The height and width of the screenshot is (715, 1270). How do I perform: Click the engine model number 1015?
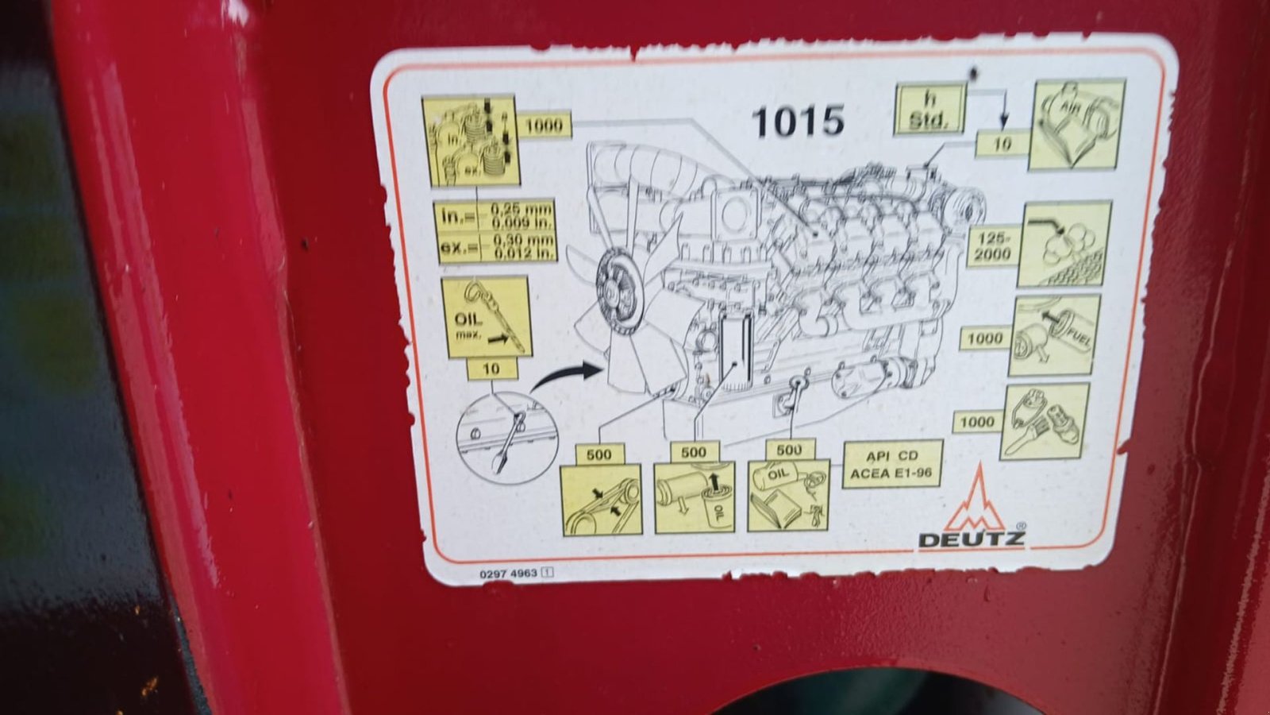click(797, 122)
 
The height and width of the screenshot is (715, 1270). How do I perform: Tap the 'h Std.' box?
click(929, 110)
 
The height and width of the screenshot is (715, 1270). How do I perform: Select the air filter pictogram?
click(1076, 125)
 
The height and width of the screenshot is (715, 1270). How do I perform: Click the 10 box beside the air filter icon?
click(1002, 144)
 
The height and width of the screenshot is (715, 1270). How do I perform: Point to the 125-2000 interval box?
click(993, 246)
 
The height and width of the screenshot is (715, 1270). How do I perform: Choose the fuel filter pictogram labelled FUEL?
click(1054, 335)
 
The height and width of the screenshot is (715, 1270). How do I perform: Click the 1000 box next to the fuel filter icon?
click(984, 338)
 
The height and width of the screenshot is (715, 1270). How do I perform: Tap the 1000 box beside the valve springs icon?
click(543, 125)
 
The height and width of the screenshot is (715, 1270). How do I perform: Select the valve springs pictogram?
click(469, 141)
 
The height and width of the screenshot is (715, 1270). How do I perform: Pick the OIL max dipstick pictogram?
click(484, 316)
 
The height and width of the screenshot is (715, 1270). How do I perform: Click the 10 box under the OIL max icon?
click(491, 369)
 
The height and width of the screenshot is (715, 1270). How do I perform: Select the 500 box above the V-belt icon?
click(599, 454)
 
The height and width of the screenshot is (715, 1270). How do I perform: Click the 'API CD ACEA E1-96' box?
click(891, 465)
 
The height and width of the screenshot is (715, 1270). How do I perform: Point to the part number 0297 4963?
click(509, 573)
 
